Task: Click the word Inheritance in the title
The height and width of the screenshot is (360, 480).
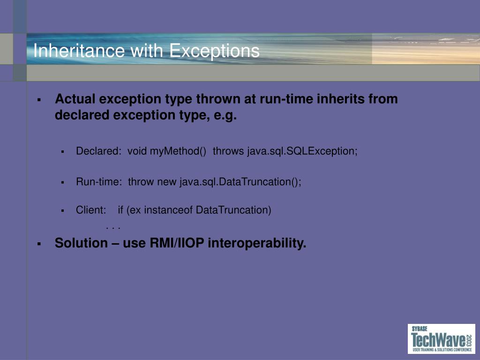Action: point(79,50)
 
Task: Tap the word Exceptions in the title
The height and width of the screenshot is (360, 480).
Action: point(214,51)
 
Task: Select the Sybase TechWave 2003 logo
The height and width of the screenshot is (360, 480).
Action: point(442,339)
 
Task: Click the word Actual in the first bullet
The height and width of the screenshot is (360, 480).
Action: point(75,99)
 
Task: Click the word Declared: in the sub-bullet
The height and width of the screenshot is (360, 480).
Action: point(99,151)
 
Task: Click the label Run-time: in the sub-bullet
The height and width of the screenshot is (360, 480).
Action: point(99,182)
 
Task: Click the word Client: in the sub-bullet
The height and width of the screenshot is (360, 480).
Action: point(91,210)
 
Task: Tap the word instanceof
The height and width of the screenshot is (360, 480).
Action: point(168,210)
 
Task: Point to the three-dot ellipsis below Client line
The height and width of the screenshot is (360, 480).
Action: point(112,228)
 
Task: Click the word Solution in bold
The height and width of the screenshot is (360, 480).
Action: point(81,243)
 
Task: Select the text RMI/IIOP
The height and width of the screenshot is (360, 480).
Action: point(177,243)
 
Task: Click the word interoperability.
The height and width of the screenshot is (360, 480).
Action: point(257,243)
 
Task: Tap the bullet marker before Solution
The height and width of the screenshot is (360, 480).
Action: point(39,244)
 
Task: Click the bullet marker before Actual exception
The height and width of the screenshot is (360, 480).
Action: point(39,99)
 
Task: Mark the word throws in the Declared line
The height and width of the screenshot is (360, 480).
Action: point(228,151)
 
